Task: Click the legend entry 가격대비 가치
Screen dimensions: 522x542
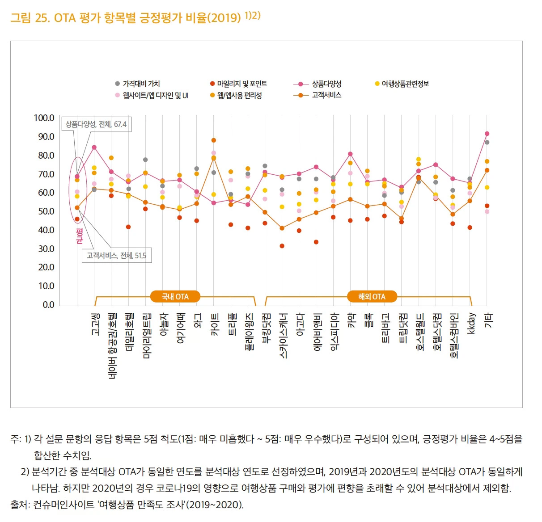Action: (x=141, y=84)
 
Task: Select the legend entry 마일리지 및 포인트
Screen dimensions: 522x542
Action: (x=241, y=84)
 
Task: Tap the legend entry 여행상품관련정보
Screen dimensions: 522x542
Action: (x=405, y=84)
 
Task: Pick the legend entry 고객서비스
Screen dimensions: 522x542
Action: (x=326, y=95)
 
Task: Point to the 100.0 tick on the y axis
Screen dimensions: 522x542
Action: (x=44, y=118)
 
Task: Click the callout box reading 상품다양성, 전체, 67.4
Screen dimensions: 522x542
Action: (x=96, y=124)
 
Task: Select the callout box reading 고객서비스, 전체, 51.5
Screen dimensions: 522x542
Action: (x=116, y=256)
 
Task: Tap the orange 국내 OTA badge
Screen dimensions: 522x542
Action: (x=175, y=297)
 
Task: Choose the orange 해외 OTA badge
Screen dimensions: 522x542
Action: (x=371, y=297)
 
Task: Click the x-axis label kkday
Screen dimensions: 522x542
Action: (x=470, y=323)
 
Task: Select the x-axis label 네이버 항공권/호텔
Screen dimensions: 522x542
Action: (x=112, y=340)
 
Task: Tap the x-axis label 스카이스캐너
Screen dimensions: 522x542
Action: (x=283, y=336)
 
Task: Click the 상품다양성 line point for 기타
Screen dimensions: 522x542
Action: (x=487, y=134)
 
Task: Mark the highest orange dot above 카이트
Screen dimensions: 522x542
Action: (x=214, y=140)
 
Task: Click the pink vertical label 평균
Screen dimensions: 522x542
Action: (x=80, y=236)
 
